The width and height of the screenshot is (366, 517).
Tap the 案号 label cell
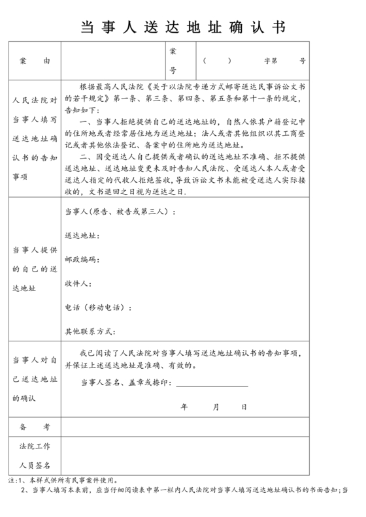coord(173,60)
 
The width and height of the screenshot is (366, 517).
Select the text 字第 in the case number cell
coord(271,61)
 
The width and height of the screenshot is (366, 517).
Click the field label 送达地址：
coord(82,235)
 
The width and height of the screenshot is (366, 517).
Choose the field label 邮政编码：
coord(82,259)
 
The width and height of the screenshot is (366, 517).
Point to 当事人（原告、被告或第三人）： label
coord(118,211)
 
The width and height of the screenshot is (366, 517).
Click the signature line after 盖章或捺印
coord(212,384)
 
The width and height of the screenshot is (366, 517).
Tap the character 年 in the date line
coord(184,407)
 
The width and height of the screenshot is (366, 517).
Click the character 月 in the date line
coord(216,407)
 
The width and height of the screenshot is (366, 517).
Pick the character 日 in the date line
coord(244,407)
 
